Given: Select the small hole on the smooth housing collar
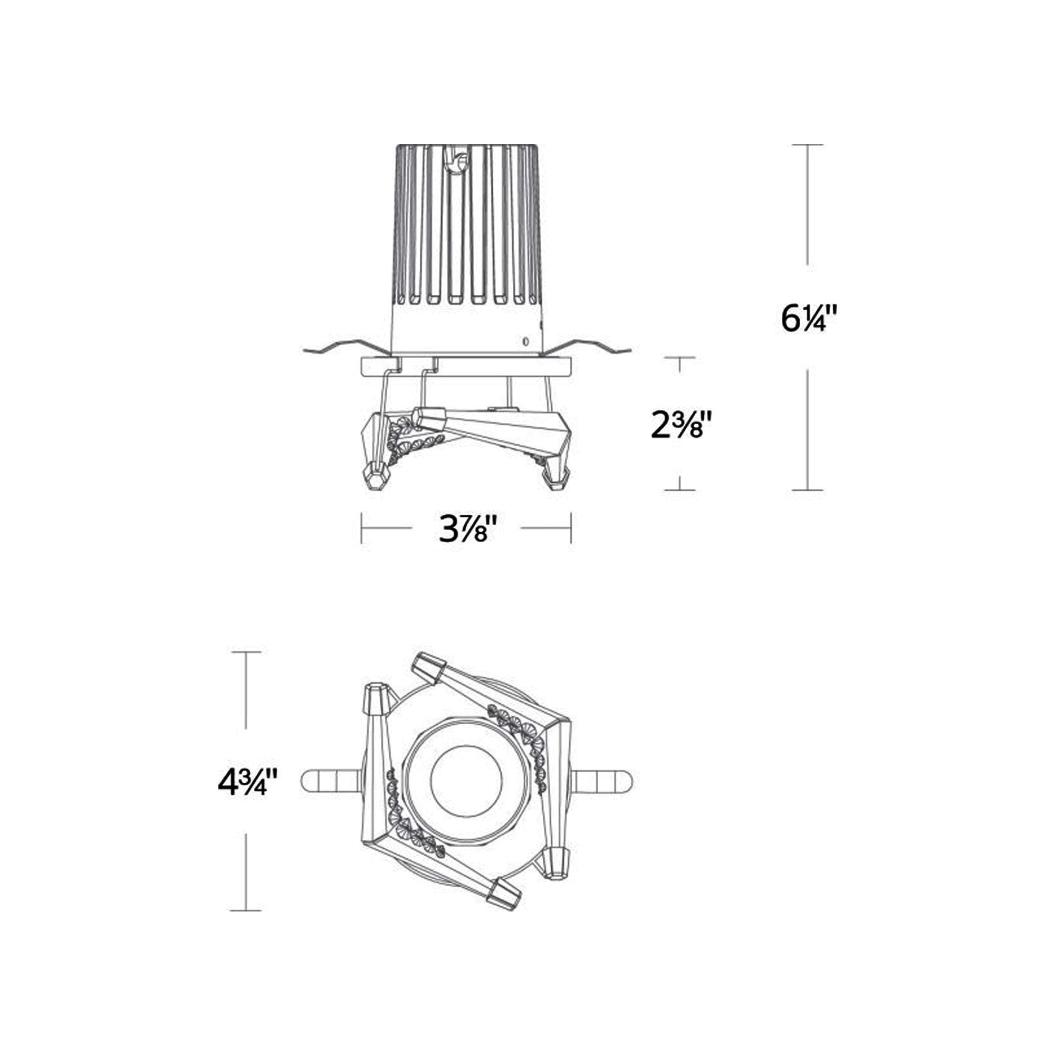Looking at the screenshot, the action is click(525, 342).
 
